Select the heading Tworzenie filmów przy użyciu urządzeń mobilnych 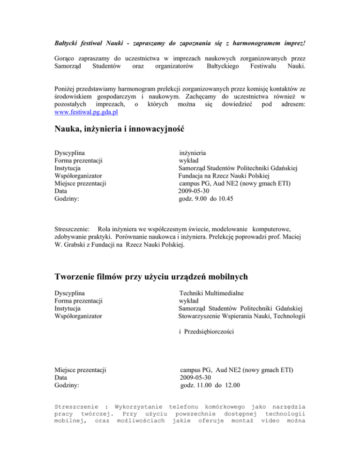point(177,277)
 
